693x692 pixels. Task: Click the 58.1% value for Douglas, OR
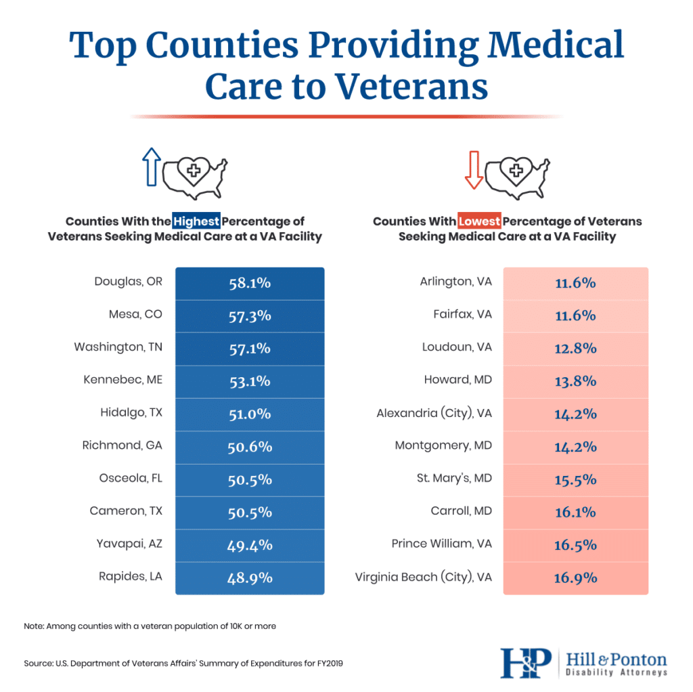(x=250, y=283)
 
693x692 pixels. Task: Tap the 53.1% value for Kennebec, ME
(x=250, y=381)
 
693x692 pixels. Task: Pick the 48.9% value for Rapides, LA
(x=250, y=578)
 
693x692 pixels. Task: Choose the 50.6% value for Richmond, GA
(x=250, y=447)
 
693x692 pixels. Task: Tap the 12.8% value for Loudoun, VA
(x=575, y=348)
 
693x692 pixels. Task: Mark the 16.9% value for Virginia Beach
(x=575, y=578)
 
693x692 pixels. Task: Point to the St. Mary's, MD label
(x=454, y=478)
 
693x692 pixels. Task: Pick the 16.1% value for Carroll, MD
(x=575, y=513)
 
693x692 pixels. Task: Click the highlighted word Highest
(x=196, y=221)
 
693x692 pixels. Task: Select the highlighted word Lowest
(x=479, y=221)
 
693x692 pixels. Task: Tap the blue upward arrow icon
(x=150, y=167)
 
